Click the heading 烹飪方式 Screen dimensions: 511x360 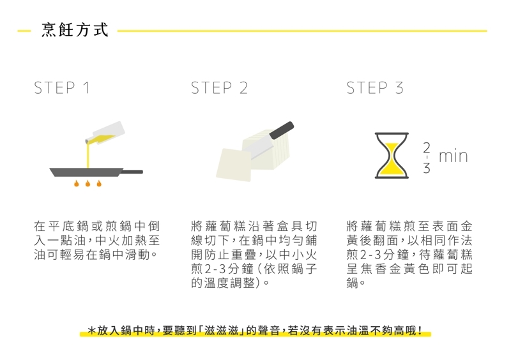pos(75,30)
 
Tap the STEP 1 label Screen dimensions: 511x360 pos(61,88)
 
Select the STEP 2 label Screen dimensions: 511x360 pos(219,88)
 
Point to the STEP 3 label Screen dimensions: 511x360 pos(375,88)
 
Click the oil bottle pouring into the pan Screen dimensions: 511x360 pos(105,133)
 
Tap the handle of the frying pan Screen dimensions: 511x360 pos(133,172)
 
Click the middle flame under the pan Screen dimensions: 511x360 pos(88,183)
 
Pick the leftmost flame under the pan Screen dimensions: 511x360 pos(77,183)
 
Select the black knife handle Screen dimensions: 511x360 pos(282,130)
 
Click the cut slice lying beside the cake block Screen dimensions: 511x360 pos(234,165)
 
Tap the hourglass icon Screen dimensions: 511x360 pos(392,155)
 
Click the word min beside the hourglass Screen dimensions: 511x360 pos(454,156)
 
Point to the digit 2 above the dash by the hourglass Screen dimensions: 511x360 pos(427,147)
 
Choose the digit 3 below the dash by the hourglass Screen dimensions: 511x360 pos(427,168)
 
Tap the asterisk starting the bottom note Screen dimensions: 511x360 pos(92,331)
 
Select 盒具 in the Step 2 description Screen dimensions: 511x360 pos(289,226)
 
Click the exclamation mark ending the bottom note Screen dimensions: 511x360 pos(420,331)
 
